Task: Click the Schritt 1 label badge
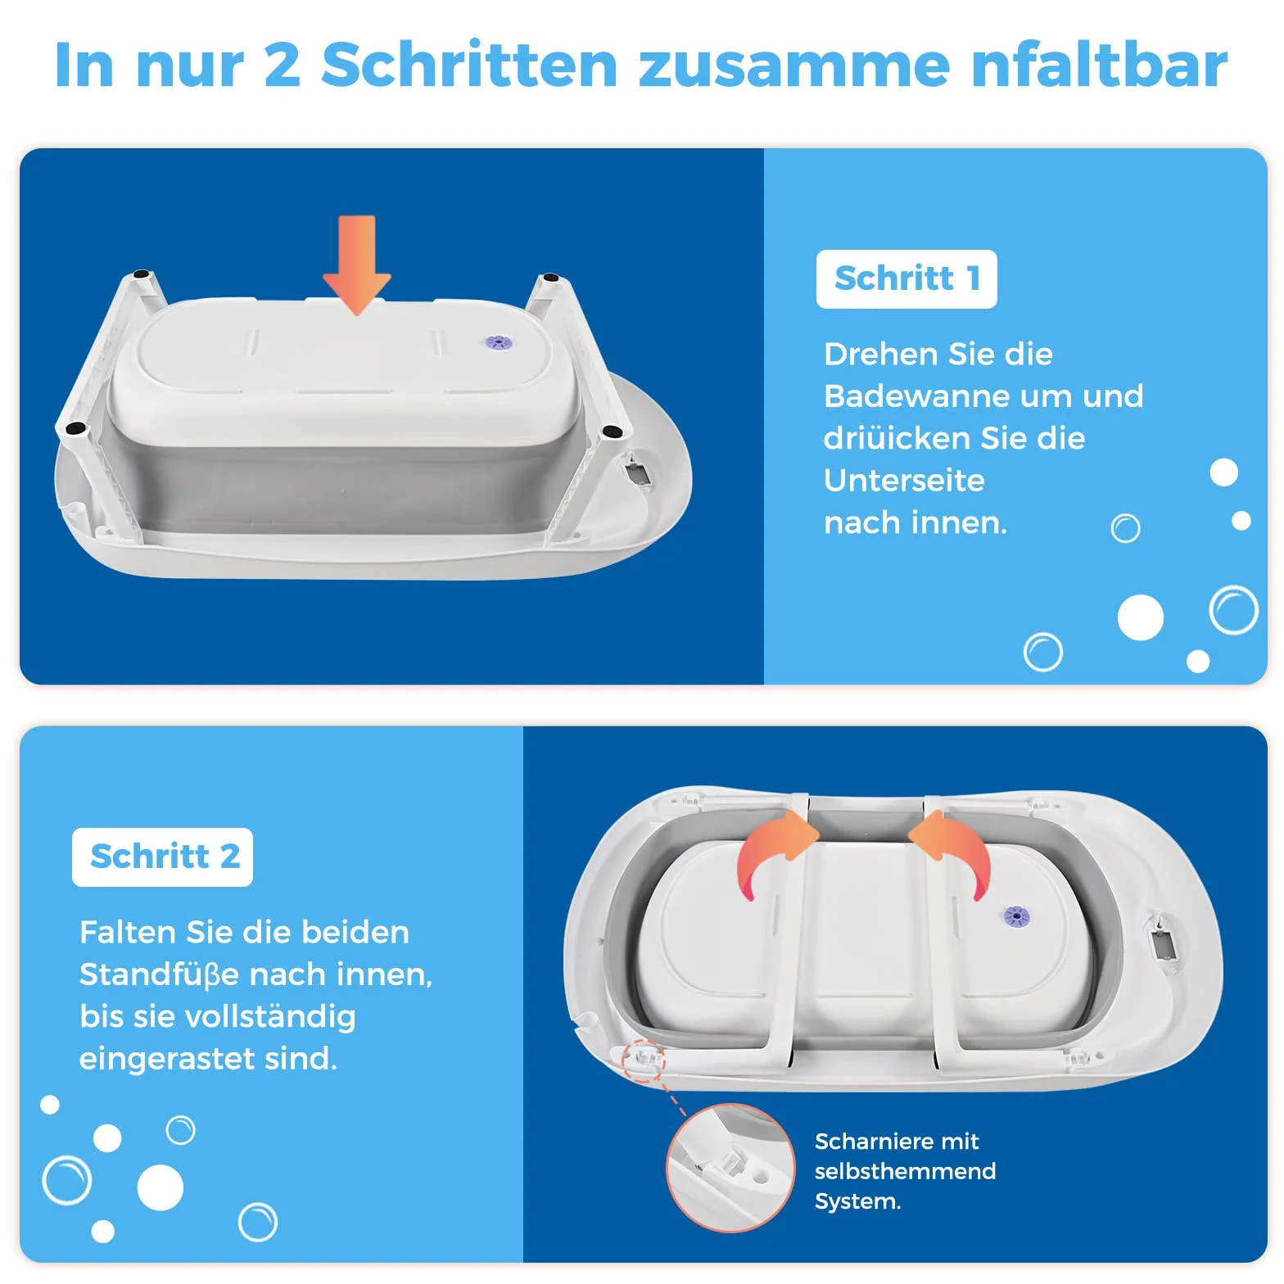(x=906, y=279)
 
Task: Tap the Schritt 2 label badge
(x=162, y=857)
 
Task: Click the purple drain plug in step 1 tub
(x=496, y=342)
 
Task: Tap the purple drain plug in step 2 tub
(x=1016, y=916)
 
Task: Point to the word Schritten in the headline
(x=469, y=66)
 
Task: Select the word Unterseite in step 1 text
(x=904, y=481)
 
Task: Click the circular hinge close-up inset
(x=730, y=1169)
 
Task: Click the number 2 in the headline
(x=283, y=66)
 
